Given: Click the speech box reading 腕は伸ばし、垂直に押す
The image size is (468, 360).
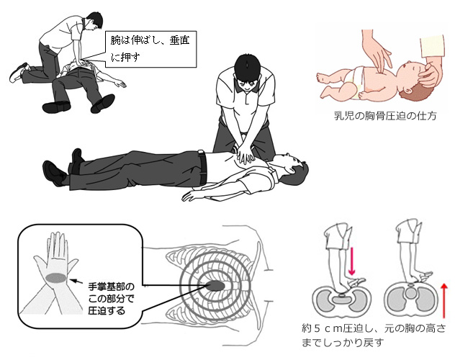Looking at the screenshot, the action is [150, 49].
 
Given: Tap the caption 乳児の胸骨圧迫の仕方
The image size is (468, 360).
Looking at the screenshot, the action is [385, 116].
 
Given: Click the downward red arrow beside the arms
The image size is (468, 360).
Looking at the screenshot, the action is [351, 261].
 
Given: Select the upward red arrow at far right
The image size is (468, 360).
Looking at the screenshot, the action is [444, 300].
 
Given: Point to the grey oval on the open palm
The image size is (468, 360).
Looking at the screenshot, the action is [56, 278].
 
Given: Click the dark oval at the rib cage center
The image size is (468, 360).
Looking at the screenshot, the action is [215, 286].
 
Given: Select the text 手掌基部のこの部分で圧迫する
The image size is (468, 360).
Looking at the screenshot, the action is [111, 299].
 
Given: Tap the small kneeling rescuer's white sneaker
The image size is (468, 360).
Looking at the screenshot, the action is [17, 73].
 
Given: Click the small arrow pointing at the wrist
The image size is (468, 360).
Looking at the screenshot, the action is [78, 282].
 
